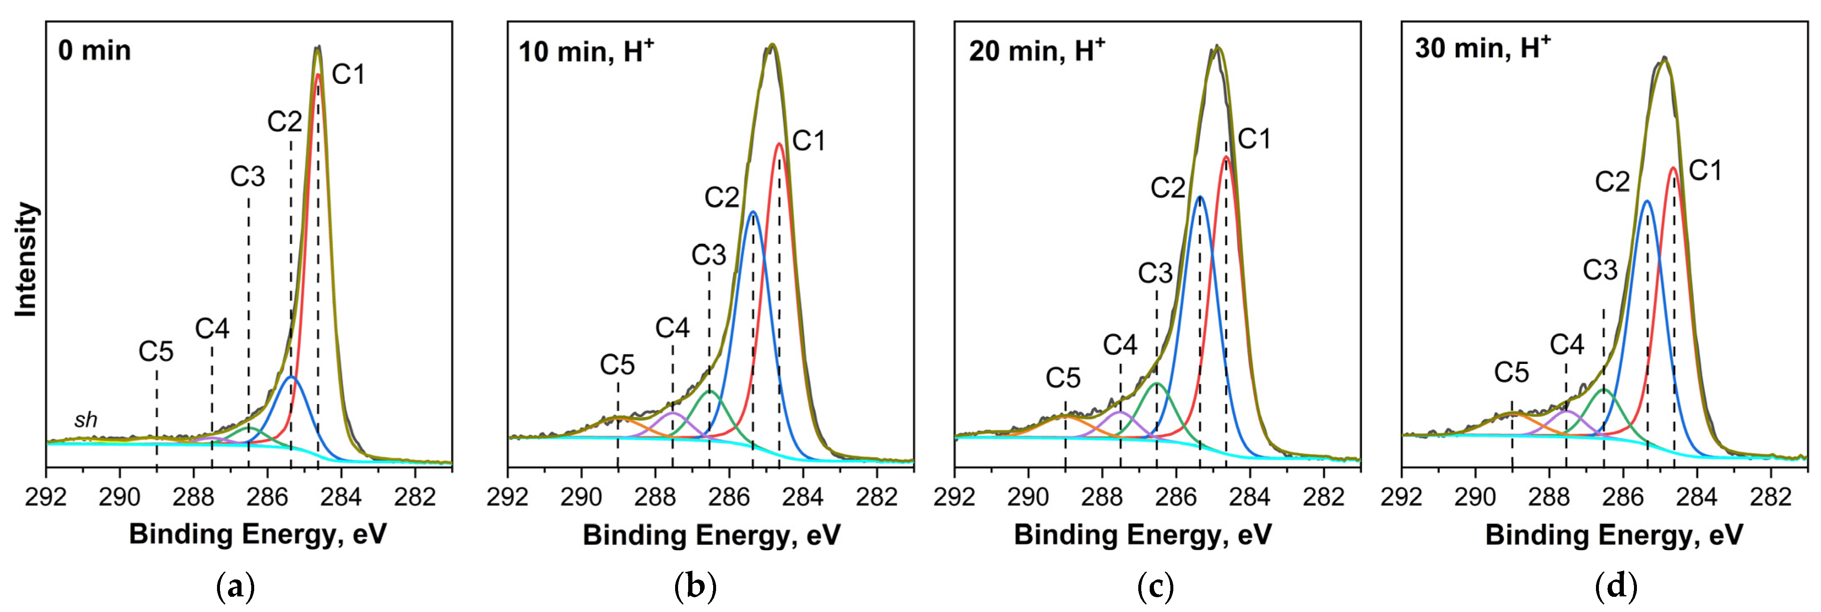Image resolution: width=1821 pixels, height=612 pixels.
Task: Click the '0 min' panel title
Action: click(95, 51)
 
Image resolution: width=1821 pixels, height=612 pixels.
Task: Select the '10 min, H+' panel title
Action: click(586, 51)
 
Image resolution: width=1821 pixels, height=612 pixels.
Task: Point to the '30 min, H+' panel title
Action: click(1482, 48)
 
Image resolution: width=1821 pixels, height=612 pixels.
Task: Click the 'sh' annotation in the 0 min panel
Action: click(86, 420)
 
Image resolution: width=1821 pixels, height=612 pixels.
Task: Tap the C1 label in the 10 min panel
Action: click(809, 142)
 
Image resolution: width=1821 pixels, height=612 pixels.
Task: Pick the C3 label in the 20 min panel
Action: click(1155, 273)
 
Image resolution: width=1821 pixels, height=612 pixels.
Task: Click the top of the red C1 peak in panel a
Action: click(318, 74)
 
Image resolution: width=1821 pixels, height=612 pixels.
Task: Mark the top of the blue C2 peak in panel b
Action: click(752, 212)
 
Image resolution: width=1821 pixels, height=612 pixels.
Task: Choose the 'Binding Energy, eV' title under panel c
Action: click(1143, 534)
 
